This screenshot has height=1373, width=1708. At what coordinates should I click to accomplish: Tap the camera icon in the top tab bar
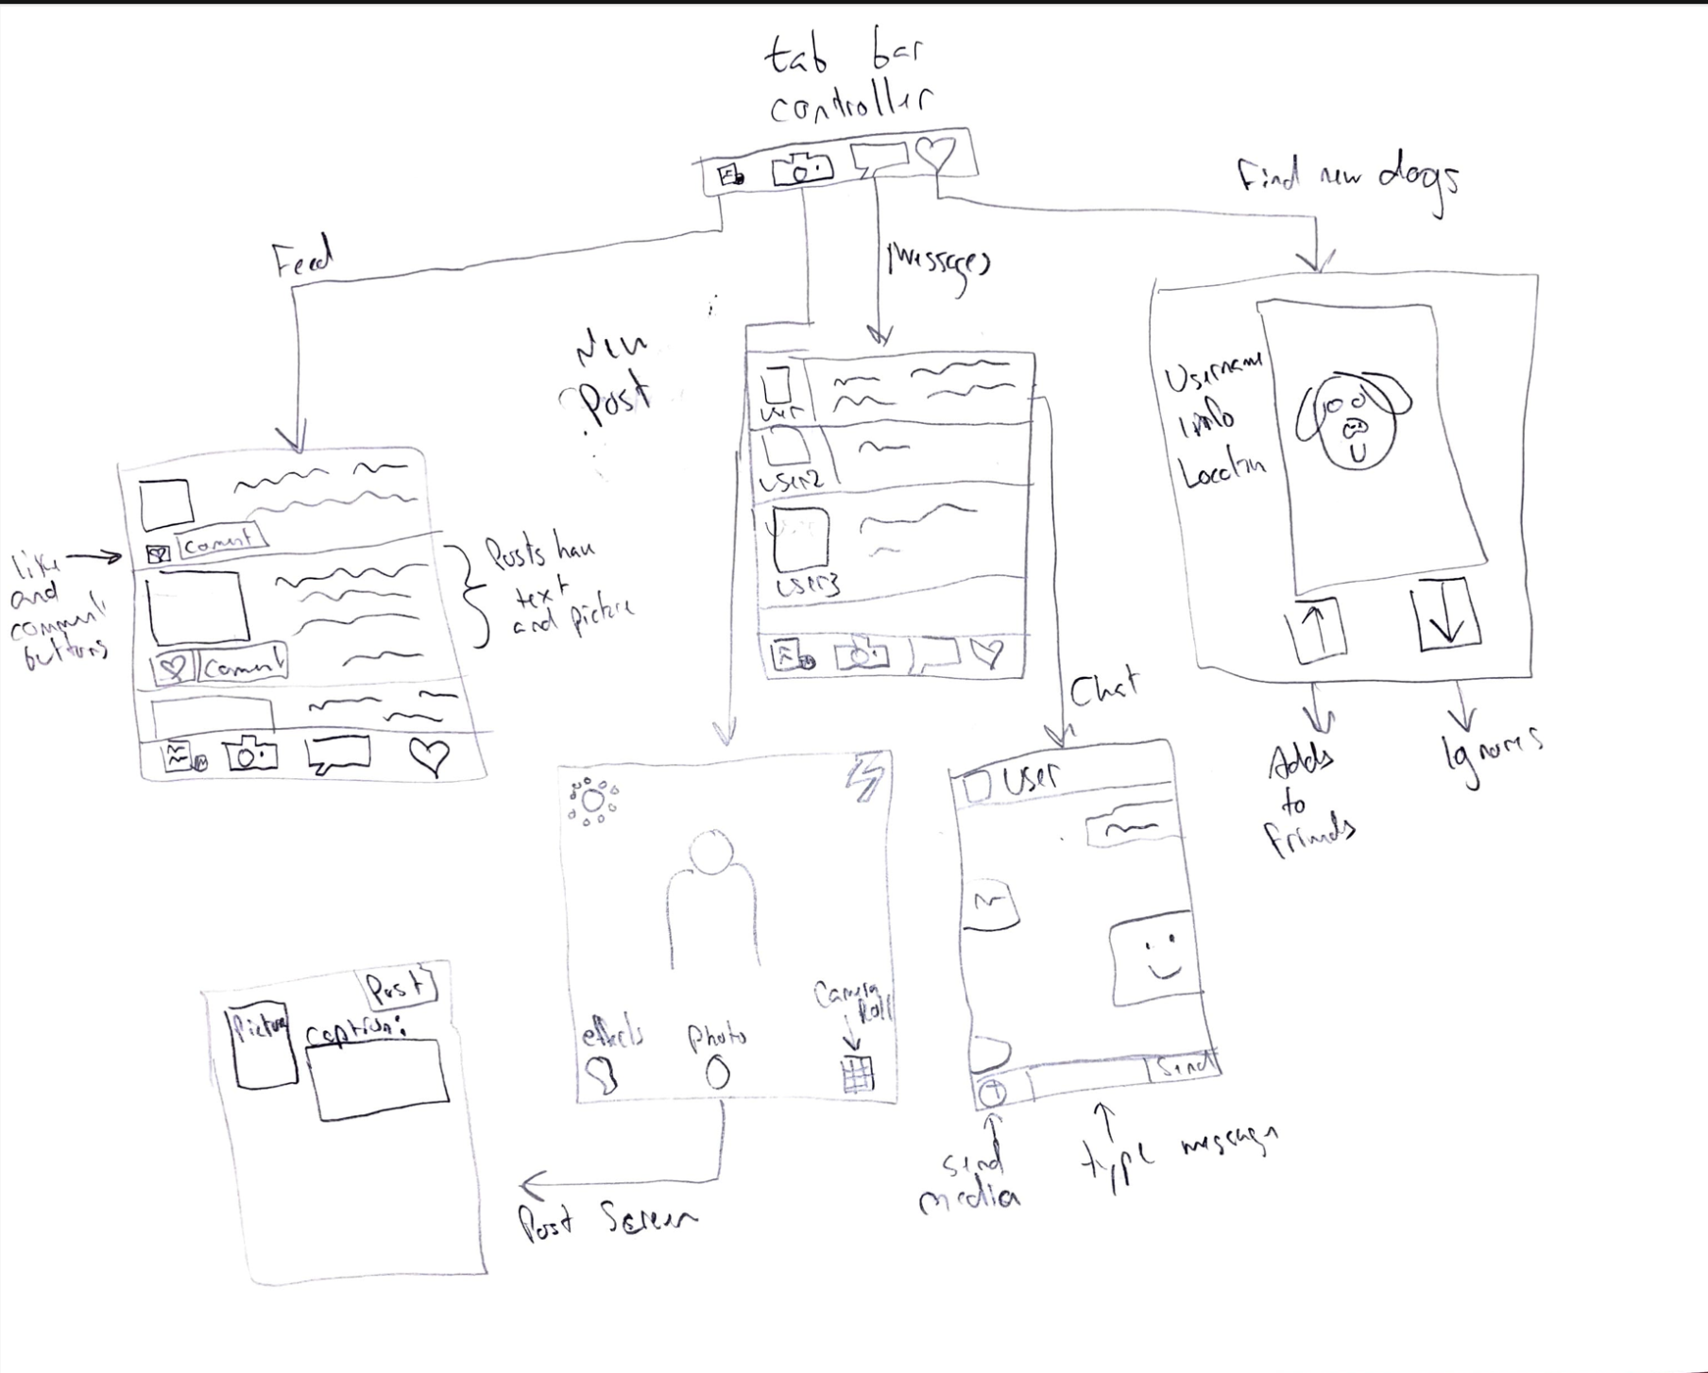coord(802,170)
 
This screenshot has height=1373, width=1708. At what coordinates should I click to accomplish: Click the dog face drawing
coord(1353,420)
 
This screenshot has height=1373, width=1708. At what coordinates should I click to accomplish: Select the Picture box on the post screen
coord(262,1048)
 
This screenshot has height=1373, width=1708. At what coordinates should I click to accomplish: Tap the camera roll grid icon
coord(857,1074)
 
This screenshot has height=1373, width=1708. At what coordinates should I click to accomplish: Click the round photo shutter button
coord(717,1072)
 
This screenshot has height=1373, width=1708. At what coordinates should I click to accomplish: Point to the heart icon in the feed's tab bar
coord(430,755)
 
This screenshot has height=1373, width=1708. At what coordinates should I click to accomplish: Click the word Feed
coord(303,259)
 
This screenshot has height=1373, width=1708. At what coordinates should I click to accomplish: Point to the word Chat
coord(1103,687)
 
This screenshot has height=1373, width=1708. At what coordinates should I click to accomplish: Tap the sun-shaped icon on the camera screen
coord(592,802)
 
